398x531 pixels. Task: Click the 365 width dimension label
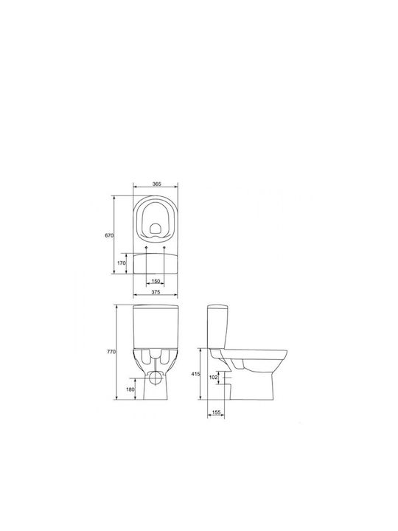[156, 184]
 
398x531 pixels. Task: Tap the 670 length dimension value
[109, 235]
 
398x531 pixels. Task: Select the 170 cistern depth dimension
[122, 263]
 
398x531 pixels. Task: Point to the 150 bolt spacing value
[156, 281]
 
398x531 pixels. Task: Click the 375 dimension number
[156, 292]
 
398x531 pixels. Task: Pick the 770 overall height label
[111, 352]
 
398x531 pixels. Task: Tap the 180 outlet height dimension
[130, 389]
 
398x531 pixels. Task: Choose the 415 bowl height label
[195, 374]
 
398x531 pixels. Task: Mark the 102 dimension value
[214, 378]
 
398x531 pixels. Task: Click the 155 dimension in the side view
[216, 412]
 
